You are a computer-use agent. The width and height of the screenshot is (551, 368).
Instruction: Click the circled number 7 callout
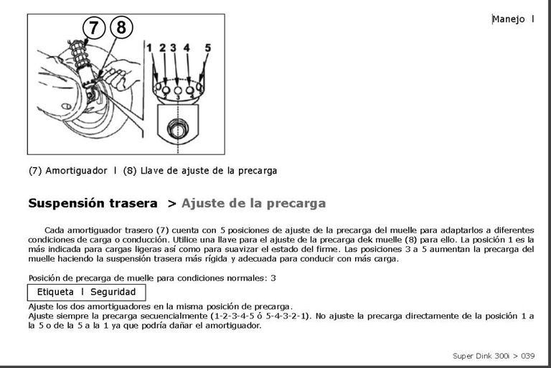coord(94,28)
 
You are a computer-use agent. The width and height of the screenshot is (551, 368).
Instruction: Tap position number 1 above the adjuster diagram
coord(149,48)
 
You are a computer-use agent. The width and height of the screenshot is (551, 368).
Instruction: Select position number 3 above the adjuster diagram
coord(174,48)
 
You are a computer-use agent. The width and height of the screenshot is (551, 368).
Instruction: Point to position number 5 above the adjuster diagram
coord(207,48)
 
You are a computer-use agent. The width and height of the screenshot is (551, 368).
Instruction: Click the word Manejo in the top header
coord(509,19)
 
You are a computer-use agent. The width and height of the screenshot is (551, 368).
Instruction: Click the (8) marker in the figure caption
coord(130,171)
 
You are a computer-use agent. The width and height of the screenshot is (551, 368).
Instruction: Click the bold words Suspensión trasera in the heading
coord(93,203)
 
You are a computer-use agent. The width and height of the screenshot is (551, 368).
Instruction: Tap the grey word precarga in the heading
coord(296,203)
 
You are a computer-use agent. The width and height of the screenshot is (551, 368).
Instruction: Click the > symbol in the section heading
coord(171,203)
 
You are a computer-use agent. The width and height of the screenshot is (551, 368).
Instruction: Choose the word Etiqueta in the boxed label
coord(55,292)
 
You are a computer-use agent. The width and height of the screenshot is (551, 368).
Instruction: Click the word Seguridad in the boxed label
coord(113,292)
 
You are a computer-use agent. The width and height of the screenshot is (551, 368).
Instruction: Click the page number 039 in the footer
coord(527,355)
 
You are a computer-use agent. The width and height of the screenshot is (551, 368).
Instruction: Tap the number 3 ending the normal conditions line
coord(273,278)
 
